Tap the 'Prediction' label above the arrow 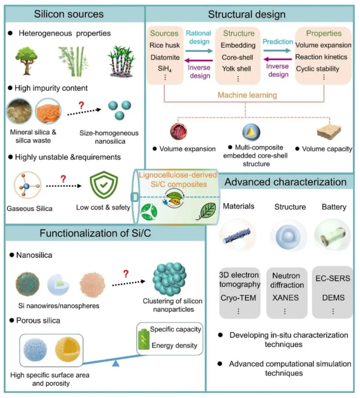tap(278, 42)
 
